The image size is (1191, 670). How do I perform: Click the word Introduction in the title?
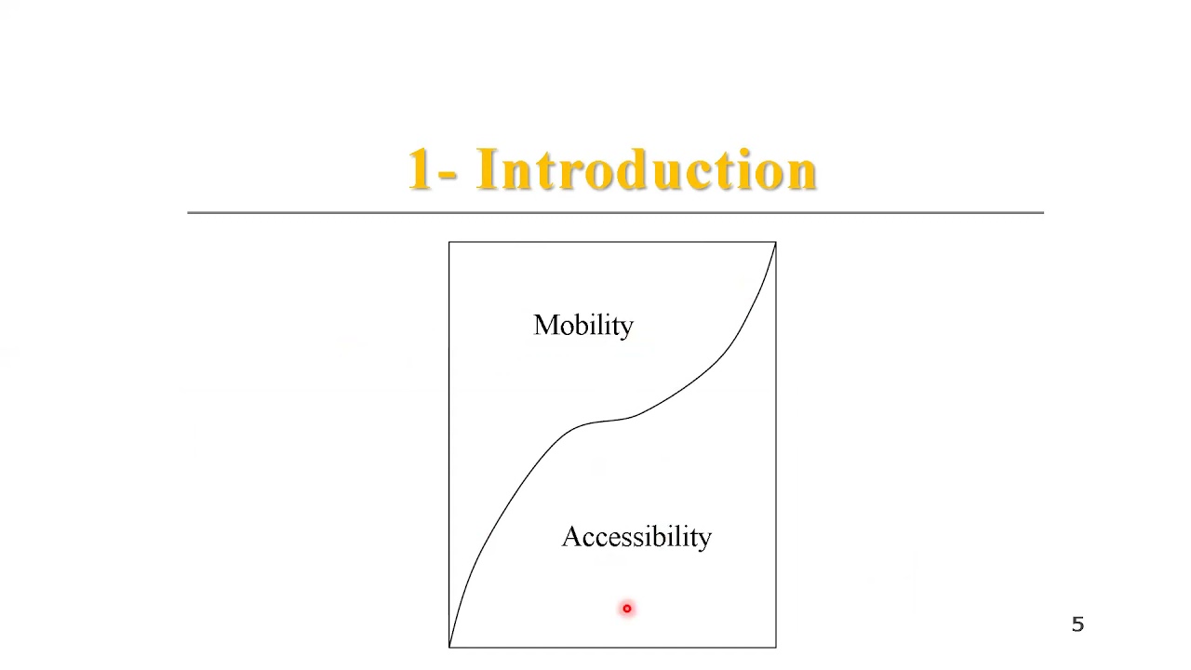[x=647, y=170]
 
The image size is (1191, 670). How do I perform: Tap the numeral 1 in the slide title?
[x=421, y=170]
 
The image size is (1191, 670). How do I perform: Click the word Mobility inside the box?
[x=583, y=326]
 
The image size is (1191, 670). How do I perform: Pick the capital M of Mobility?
[x=544, y=325]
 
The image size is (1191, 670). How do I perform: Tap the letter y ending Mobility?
[x=626, y=328]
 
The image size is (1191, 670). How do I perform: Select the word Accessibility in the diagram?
[x=636, y=537]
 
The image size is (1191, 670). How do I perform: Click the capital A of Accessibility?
[x=571, y=537]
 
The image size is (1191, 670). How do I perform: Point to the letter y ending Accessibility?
[x=704, y=540]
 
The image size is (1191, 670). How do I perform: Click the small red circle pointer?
[x=627, y=609]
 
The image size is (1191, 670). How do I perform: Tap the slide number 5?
[x=1077, y=624]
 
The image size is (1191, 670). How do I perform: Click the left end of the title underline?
[x=189, y=212]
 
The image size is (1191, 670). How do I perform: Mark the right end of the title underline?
[x=1042, y=212]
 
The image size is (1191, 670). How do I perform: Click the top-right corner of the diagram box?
[x=775, y=243]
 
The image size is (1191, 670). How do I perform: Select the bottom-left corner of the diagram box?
[x=449, y=647]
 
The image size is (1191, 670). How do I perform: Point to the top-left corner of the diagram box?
[x=449, y=243]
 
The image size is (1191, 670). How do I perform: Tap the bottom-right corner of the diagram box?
[x=775, y=647]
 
